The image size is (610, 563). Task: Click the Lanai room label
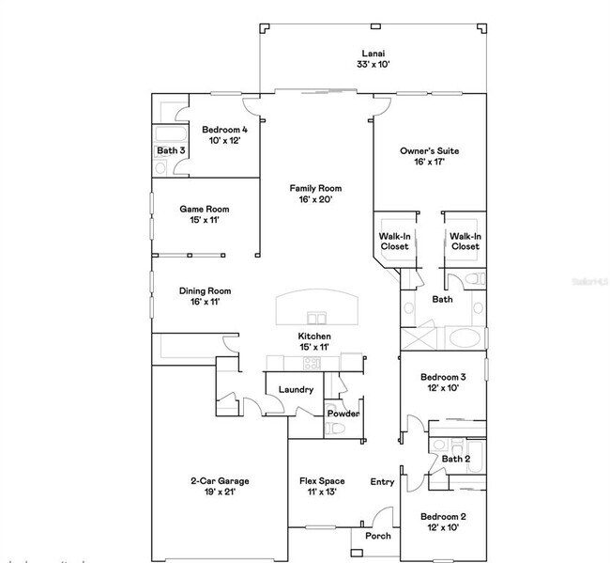[x=372, y=59]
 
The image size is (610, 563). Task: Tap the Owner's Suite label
[x=429, y=156]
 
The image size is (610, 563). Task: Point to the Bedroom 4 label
[x=225, y=135]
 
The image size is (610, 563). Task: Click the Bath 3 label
[x=170, y=150]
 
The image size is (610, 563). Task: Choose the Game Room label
[x=204, y=215]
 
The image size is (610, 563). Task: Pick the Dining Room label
[x=205, y=297]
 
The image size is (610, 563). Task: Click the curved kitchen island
[x=314, y=307]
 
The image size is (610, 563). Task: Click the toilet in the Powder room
[x=337, y=430]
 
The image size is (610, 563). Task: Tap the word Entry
[x=382, y=482]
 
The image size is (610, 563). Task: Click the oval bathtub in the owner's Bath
[x=464, y=338]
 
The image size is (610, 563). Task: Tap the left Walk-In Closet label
[x=394, y=242]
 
